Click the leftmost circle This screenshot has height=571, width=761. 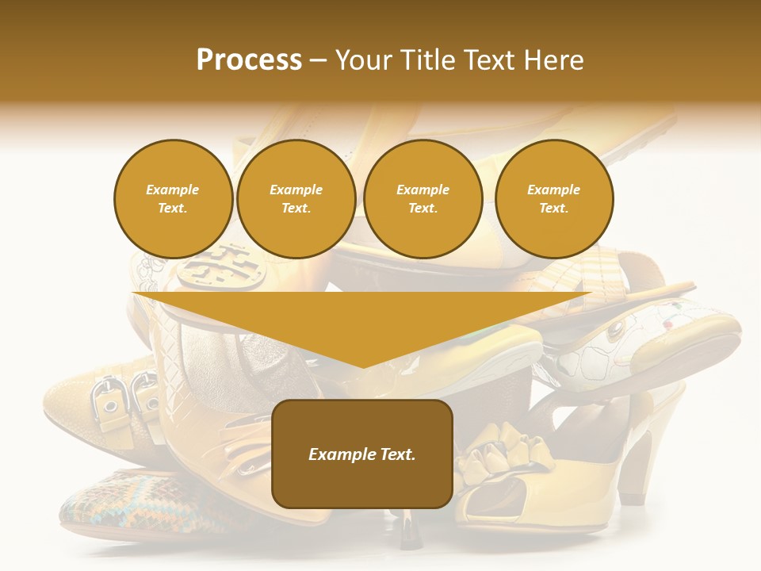pyautogui.click(x=173, y=199)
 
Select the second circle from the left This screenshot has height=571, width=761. pyautogui.click(x=296, y=199)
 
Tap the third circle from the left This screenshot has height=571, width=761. pyautogui.click(x=423, y=199)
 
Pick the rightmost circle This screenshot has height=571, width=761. pyautogui.click(x=553, y=199)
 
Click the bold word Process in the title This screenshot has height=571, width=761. pyautogui.click(x=249, y=60)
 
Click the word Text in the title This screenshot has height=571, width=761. pyautogui.click(x=490, y=60)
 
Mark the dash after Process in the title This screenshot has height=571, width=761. pyautogui.click(x=319, y=61)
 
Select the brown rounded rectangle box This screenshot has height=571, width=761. pyautogui.click(x=362, y=454)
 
